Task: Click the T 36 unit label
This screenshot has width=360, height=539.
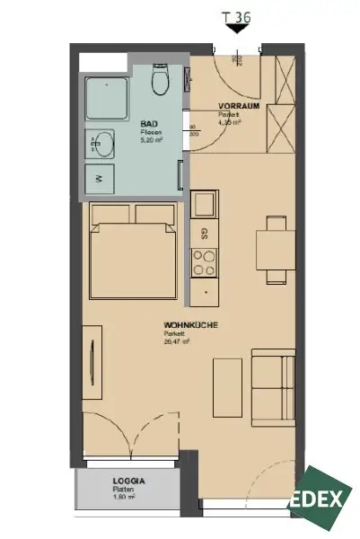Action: [237, 14]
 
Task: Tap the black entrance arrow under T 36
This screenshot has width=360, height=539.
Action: [237, 30]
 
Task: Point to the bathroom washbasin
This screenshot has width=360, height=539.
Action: [101, 143]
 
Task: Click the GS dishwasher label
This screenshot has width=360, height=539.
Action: [206, 234]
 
